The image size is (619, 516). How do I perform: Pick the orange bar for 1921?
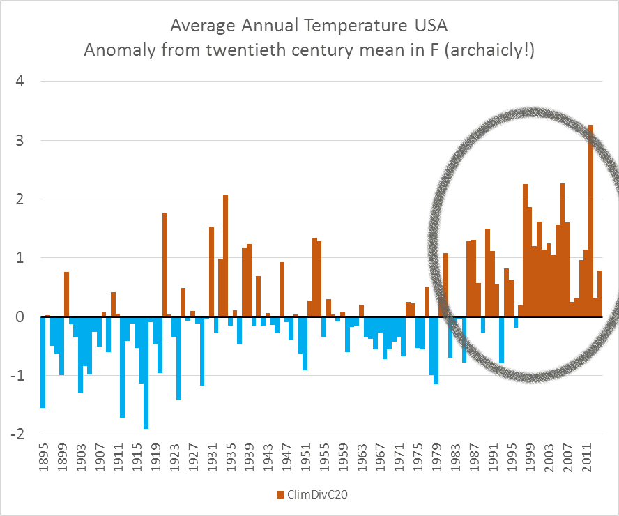click(x=165, y=264)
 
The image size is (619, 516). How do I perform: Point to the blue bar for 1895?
click(x=43, y=362)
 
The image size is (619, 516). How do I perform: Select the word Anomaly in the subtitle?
click(x=116, y=51)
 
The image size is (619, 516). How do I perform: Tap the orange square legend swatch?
click(x=280, y=494)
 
